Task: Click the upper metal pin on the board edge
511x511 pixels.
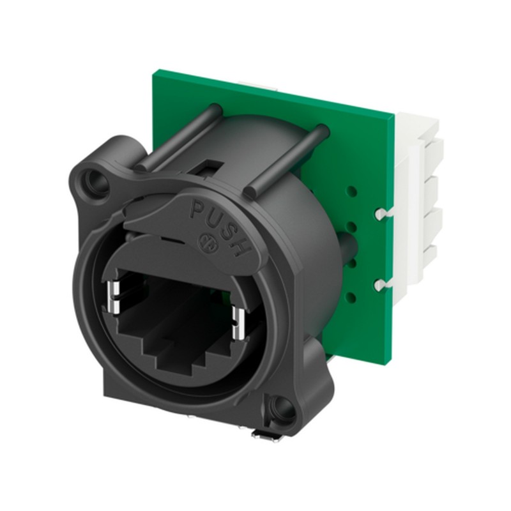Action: [381, 212]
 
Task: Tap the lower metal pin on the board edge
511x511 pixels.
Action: [381, 282]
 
